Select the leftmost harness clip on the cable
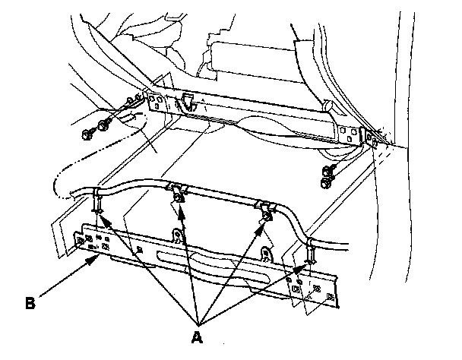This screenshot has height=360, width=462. [97, 201]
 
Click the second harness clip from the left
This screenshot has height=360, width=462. [176, 193]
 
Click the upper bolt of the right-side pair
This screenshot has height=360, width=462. [328, 170]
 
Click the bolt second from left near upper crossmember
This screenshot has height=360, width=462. [106, 122]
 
